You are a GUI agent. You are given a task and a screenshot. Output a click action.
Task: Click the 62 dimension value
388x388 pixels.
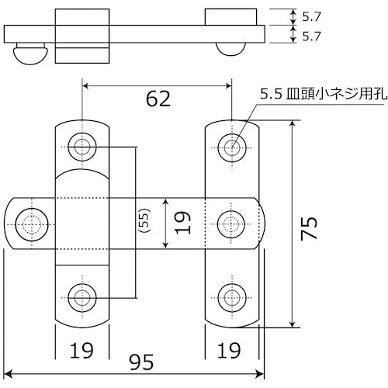[x=157, y=99]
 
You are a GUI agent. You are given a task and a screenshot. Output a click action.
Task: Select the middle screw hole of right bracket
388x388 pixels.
[x=232, y=222]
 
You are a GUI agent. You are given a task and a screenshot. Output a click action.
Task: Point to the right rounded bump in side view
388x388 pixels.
[x=232, y=48]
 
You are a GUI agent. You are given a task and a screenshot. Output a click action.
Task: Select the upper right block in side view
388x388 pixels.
[x=232, y=16]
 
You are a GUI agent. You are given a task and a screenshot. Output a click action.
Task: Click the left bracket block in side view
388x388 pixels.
[x=81, y=35]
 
